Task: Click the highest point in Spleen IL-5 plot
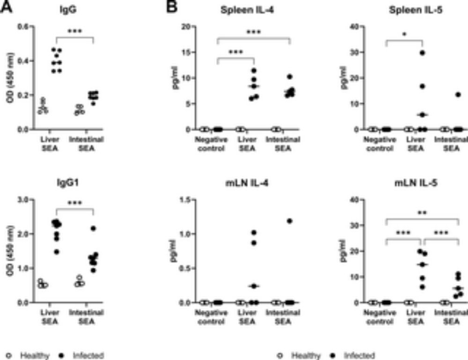423,53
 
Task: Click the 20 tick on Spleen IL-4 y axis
192,26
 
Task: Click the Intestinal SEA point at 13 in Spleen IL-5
458,95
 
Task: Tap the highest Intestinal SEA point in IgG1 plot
93,228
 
